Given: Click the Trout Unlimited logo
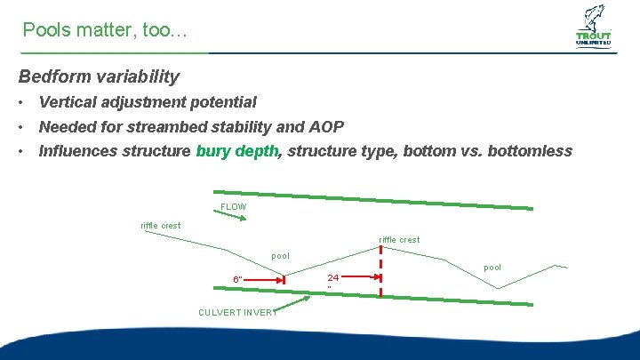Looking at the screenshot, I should (593, 27).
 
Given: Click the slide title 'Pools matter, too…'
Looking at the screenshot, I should (105, 30).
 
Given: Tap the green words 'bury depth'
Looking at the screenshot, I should (237, 150).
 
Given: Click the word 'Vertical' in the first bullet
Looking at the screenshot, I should (68, 102).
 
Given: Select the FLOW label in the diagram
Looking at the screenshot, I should (233, 207).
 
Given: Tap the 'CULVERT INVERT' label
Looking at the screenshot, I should (237, 312).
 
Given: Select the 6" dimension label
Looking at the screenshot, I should (237, 280).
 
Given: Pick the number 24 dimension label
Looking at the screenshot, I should (332, 277).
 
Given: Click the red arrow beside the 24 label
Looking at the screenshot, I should (360, 277).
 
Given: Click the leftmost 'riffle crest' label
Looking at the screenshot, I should (160, 225).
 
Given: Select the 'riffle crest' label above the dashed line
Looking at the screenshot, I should (399, 239).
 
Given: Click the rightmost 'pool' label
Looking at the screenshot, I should (492, 267).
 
